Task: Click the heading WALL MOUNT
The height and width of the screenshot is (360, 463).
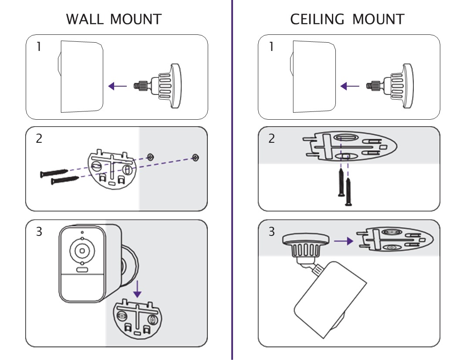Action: [114, 19]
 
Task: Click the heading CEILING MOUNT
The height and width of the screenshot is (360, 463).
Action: [347, 19]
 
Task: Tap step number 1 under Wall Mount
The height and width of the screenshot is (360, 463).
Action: [39, 47]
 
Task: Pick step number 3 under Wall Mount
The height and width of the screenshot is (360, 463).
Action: [39, 232]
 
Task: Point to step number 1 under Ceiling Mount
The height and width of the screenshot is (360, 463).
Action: [271, 47]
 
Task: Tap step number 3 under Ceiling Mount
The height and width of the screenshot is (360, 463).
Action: [272, 232]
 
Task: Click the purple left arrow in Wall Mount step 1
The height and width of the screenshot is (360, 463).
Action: [117, 86]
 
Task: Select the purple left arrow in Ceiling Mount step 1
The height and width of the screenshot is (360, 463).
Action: [350, 86]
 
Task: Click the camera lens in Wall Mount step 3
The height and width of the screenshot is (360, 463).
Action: [81, 251]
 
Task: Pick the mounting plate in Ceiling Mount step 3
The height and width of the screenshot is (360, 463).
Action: [394, 241]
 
